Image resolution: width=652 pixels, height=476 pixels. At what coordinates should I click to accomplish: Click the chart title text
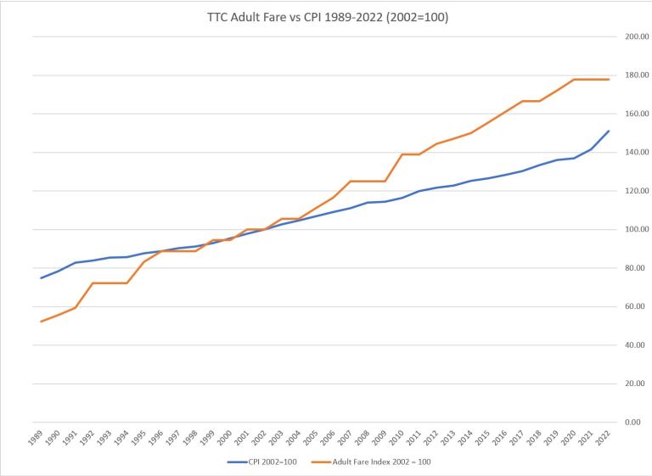(x=326, y=16)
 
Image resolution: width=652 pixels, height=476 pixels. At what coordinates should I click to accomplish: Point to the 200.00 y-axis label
(x=636, y=37)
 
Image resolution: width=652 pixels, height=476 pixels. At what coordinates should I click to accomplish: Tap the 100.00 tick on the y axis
(x=636, y=230)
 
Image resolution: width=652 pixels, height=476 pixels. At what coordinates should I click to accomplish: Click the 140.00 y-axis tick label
(x=636, y=153)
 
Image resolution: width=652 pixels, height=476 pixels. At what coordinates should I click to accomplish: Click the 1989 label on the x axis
(x=36, y=437)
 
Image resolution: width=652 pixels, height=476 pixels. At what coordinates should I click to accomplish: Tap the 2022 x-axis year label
(x=604, y=437)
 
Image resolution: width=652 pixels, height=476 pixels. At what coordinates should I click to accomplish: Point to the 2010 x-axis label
(x=397, y=437)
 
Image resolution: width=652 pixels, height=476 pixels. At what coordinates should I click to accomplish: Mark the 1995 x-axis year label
(x=138, y=437)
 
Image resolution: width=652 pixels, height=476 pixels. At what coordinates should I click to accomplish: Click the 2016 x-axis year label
(x=500, y=437)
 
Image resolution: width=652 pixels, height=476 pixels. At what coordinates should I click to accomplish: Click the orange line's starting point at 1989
(x=41, y=322)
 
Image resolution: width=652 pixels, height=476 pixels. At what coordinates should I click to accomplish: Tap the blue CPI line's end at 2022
(x=609, y=131)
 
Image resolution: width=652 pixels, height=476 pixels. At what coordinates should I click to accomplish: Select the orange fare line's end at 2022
(x=609, y=80)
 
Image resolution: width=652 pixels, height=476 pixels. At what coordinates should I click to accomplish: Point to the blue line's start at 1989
(x=41, y=277)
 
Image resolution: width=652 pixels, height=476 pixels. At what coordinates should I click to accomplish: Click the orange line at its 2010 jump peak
(x=402, y=154)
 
